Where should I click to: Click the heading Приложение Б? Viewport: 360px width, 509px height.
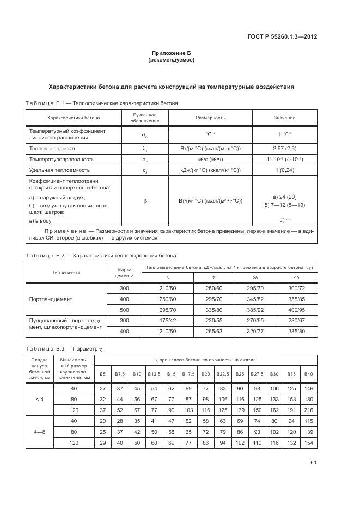point(172,53)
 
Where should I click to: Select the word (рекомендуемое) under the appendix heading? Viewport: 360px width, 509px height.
point(172,60)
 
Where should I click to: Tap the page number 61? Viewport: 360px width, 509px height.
point(313,463)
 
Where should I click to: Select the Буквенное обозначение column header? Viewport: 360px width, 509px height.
point(144,118)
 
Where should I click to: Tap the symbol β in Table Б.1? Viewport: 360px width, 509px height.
point(144,201)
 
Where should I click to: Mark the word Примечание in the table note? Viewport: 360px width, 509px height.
point(68,231)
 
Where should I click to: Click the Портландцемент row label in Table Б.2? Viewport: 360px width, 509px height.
point(51,299)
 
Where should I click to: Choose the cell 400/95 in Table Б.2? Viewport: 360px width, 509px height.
point(297,310)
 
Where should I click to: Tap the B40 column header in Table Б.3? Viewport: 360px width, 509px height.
point(309,373)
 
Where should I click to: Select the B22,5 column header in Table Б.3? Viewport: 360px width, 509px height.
point(222,373)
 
